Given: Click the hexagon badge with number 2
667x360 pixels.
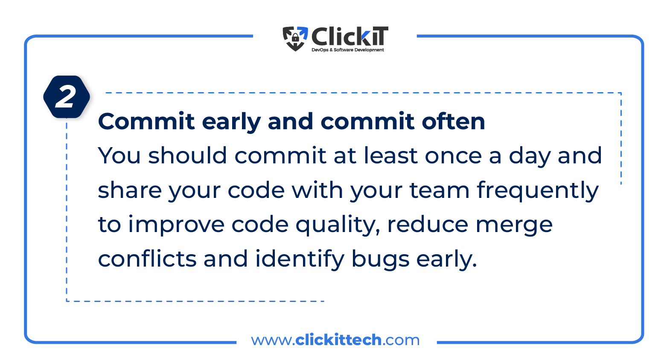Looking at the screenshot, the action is (x=67, y=97).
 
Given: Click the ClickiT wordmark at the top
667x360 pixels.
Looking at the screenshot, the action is (x=350, y=36).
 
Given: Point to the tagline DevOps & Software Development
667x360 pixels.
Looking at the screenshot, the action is (x=348, y=49).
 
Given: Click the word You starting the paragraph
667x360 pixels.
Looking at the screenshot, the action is (x=119, y=156).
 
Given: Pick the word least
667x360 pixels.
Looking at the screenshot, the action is (x=390, y=155).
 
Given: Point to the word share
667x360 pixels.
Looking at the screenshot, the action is (x=130, y=189).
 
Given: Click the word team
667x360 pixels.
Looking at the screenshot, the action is (x=440, y=190).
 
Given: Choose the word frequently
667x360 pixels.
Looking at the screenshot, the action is (x=538, y=192).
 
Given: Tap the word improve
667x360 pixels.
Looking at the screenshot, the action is (x=176, y=225).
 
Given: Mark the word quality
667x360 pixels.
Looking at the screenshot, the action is (x=338, y=225).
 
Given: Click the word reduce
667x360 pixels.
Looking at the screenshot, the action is (x=428, y=224).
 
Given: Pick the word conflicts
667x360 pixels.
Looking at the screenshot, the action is (x=147, y=258).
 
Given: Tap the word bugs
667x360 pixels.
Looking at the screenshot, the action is (x=380, y=260).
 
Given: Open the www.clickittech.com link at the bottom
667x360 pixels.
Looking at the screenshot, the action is (x=335, y=340).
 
